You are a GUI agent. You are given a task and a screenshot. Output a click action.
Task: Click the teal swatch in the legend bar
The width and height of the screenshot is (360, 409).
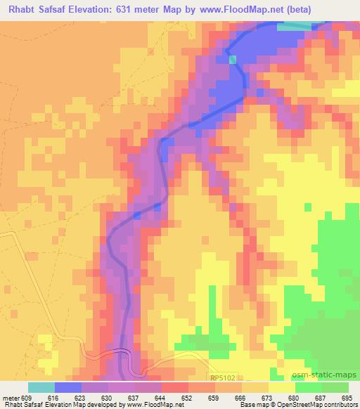[41, 387]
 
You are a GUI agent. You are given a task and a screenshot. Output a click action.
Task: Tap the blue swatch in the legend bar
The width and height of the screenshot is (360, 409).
[68, 387]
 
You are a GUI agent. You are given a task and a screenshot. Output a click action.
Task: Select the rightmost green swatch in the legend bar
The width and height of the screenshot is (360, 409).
[336, 387]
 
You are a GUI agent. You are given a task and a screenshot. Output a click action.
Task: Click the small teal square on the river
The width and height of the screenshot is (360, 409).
[233, 60]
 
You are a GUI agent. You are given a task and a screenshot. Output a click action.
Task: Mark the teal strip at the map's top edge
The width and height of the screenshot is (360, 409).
[293, 27]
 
